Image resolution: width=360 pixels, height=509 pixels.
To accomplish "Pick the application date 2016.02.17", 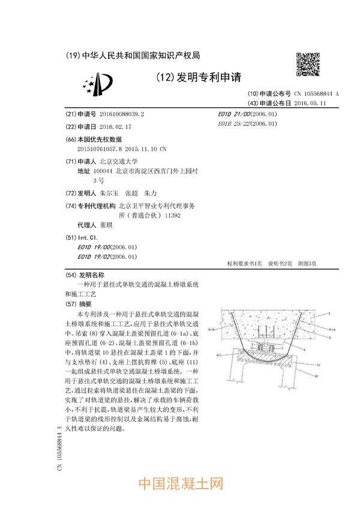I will (x=115, y=127).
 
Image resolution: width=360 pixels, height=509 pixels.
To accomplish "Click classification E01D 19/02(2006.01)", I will (x=107, y=257).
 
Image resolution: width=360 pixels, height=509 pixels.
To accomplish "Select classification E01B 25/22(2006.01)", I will (x=247, y=124).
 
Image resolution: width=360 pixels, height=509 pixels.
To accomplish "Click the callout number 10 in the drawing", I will (x=315, y=376).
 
